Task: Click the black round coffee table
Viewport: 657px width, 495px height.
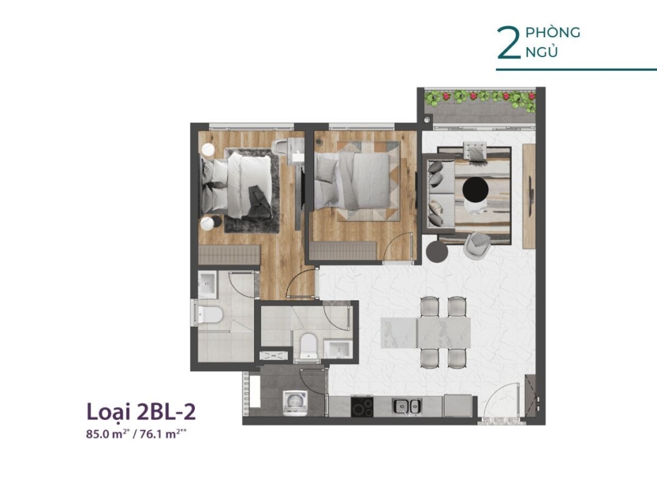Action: coord(475,189)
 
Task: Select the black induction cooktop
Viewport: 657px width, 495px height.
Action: coord(362,406)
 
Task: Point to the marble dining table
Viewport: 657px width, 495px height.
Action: coord(426,333)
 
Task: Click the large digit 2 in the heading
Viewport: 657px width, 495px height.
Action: coord(509,43)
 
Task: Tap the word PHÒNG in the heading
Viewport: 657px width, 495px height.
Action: coord(552,33)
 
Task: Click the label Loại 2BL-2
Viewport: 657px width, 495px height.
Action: coord(141,412)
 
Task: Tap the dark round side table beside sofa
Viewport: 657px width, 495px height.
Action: coord(437,251)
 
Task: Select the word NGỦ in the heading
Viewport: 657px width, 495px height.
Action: coord(542,51)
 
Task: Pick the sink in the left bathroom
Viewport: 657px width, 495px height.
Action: coord(207,284)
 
